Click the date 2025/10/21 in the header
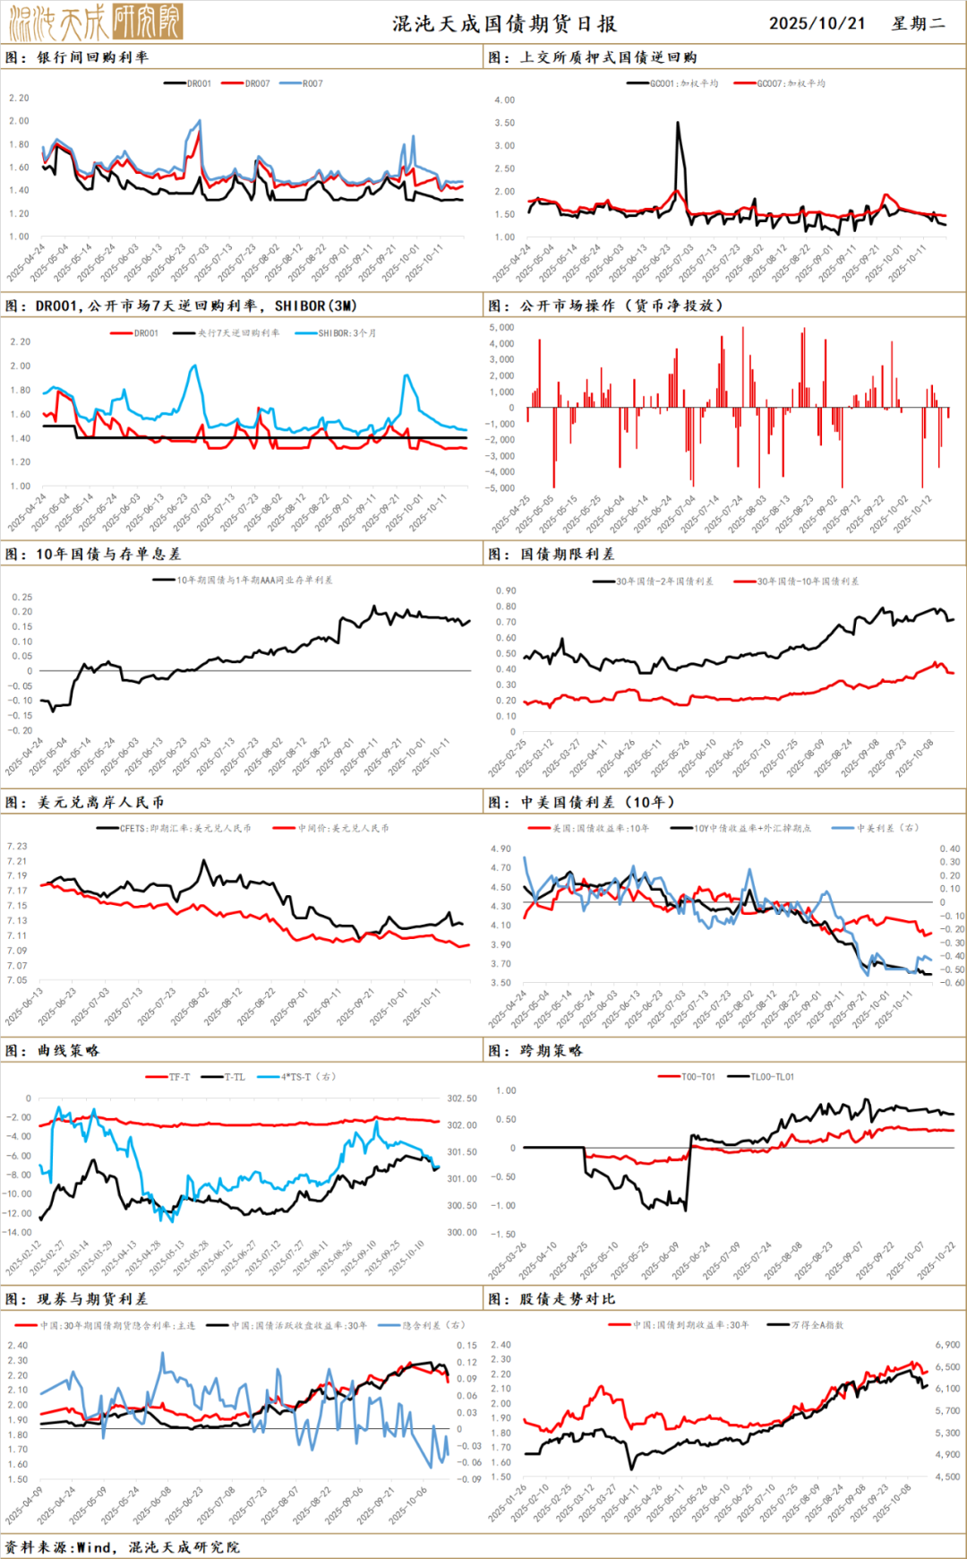tap(817, 23)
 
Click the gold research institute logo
tap(95, 22)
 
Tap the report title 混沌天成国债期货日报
tap(504, 24)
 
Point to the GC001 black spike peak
tap(678, 124)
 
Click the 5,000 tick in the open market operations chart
tap(501, 328)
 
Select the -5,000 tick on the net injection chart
tap(500, 488)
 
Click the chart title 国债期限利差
tap(567, 554)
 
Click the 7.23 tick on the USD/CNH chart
tap(17, 846)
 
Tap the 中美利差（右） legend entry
tap(886, 828)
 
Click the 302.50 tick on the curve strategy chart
tap(462, 1098)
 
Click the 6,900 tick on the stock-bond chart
tap(947, 1345)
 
